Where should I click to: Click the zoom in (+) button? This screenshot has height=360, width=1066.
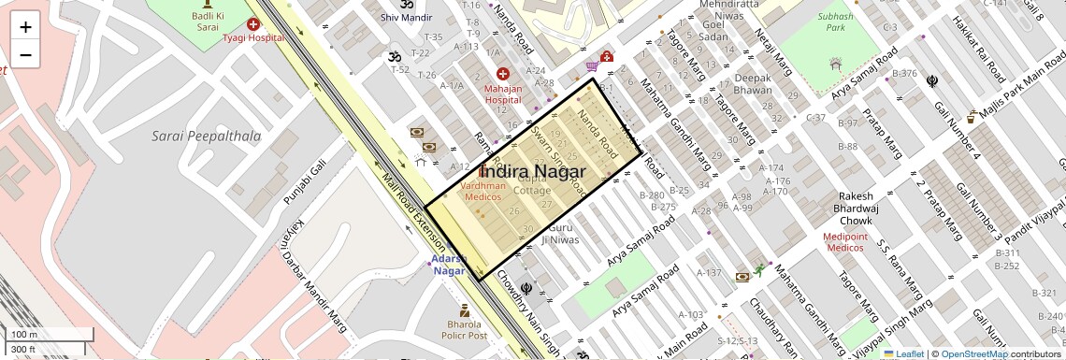pos(25,26)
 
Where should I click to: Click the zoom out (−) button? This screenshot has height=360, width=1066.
pos(25,55)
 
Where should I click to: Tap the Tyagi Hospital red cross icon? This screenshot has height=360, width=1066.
pos(253,23)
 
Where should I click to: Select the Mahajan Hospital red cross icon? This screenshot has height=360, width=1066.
pos(503,74)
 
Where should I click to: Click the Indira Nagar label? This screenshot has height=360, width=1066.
pos(533,172)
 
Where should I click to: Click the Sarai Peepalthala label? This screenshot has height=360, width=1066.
pos(207,137)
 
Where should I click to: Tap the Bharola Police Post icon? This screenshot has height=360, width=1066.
pos(464,310)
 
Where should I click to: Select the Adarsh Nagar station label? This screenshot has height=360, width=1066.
pos(449,265)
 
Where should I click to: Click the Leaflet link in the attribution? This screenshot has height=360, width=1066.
pos(903,353)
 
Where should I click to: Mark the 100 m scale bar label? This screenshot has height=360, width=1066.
pos(24,335)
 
